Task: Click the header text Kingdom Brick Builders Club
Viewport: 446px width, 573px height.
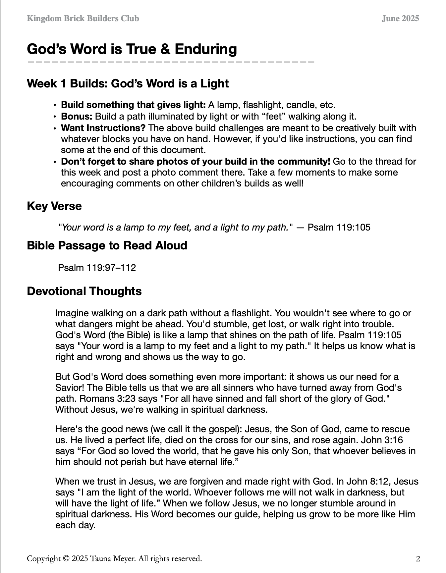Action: (x=83, y=19)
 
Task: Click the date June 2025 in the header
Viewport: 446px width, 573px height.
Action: (x=400, y=19)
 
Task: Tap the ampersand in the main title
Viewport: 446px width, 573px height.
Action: (x=165, y=49)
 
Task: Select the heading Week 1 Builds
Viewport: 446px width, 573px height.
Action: (x=128, y=83)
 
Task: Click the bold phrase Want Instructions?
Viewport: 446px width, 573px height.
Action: (x=103, y=128)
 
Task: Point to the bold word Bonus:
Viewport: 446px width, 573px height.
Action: (x=77, y=117)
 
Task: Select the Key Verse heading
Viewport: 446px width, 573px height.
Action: (x=54, y=206)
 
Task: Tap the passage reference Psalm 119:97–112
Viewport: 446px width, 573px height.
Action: (x=97, y=268)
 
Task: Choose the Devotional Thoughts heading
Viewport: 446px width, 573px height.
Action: (x=84, y=291)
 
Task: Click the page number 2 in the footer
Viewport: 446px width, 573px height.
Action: (x=418, y=559)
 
